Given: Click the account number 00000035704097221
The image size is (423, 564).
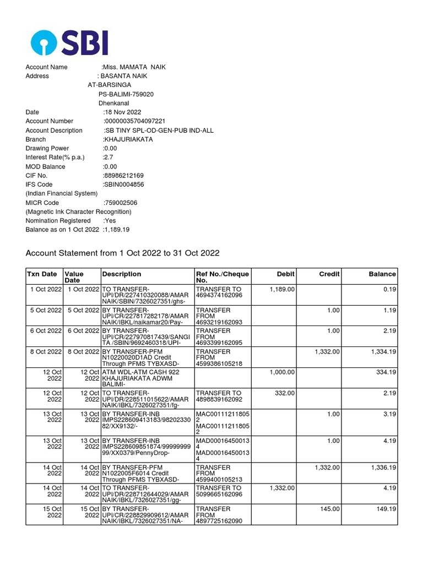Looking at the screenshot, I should point(134,121).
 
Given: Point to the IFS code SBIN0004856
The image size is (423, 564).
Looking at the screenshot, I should point(124,185).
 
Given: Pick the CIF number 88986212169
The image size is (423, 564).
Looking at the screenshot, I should point(123,176).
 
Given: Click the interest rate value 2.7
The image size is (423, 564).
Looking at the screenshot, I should point(108,158).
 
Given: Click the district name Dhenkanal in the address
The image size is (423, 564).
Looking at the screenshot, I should point(113,103).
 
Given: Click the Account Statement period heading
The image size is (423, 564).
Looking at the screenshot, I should point(123,253).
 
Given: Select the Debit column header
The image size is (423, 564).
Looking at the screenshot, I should point(285,274).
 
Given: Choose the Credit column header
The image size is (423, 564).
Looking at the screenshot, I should point(329,274).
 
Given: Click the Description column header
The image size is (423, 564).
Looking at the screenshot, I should point(122,274).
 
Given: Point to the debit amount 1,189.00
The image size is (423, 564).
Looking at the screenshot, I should point(282,289).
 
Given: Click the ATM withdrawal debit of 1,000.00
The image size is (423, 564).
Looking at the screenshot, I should point(282,372).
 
